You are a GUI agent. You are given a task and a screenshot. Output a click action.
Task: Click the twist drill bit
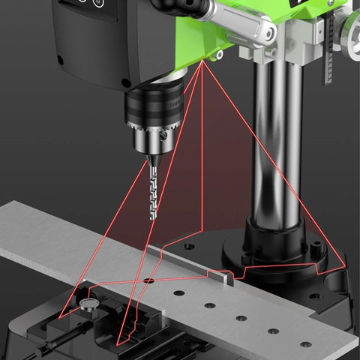(x=152, y=191)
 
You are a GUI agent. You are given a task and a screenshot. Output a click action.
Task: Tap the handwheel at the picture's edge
(x=350, y=30)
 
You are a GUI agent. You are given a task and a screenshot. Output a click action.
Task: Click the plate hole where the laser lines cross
(x=148, y=280)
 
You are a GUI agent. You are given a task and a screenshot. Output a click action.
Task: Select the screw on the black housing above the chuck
(x=125, y=82)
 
